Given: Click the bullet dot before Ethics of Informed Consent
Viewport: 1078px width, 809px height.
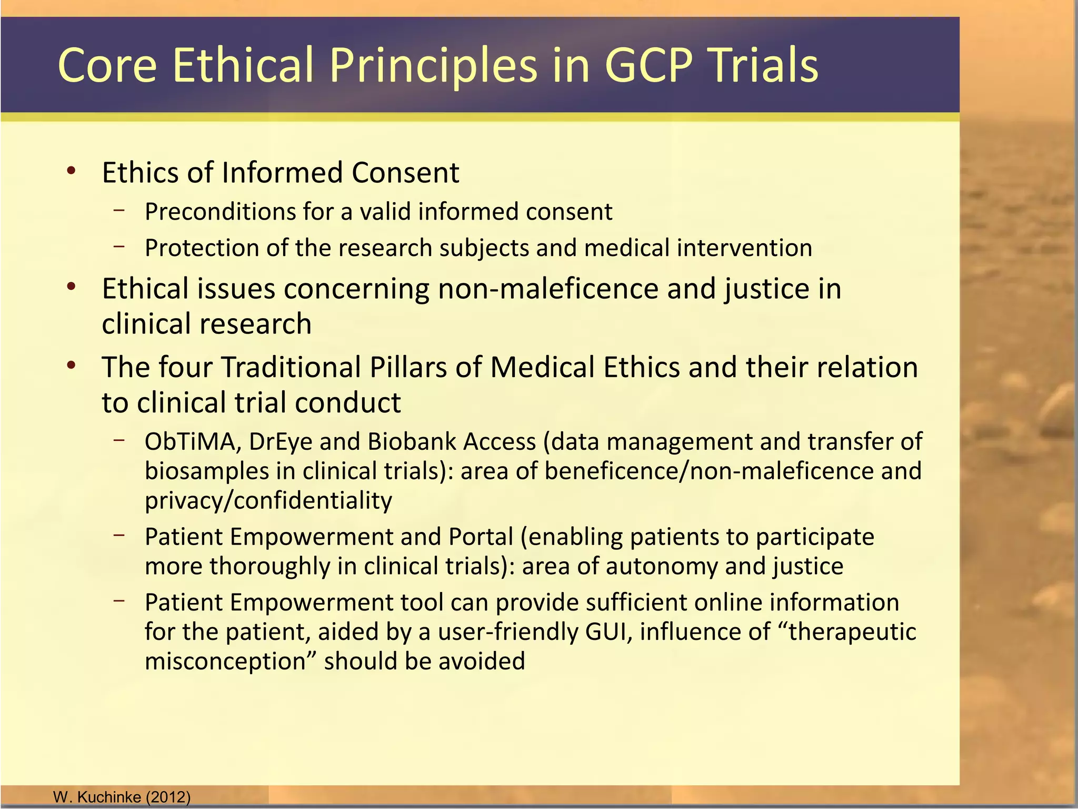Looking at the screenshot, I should [x=72, y=171].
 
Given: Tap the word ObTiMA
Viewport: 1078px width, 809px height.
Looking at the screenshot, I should [x=192, y=441].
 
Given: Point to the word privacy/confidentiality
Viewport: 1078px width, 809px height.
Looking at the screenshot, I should [x=268, y=500].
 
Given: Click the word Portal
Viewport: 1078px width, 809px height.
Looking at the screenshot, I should [x=481, y=537].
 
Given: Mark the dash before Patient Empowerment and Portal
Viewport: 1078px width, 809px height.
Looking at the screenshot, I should [x=119, y=536].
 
